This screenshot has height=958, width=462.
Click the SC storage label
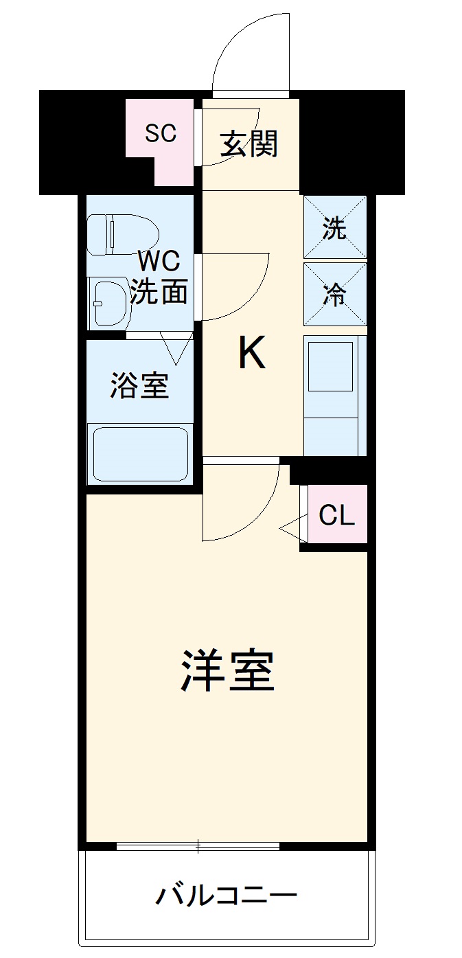(x=161, y=133)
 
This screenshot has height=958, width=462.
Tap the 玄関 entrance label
(x=249, y=144)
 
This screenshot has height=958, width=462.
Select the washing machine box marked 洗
(x=335, y=227)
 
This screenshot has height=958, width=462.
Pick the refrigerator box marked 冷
(x=335, y=294)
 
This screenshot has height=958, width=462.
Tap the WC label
(x=159, y=262)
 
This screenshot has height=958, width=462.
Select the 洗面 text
(x=159, y=292)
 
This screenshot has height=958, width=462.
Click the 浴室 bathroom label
(x=139, y=387)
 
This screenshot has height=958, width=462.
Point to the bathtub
(x=140, y=454)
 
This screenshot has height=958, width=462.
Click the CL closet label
(x=336, y=515)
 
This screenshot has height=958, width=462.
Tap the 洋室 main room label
(x=228, y=670)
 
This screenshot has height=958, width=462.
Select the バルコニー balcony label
(x=227, y=896)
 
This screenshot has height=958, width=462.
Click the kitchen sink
(x=331, y=367)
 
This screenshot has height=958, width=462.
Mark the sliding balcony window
(x=198, y=845)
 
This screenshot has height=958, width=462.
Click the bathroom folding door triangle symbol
(x=175, y=347)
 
